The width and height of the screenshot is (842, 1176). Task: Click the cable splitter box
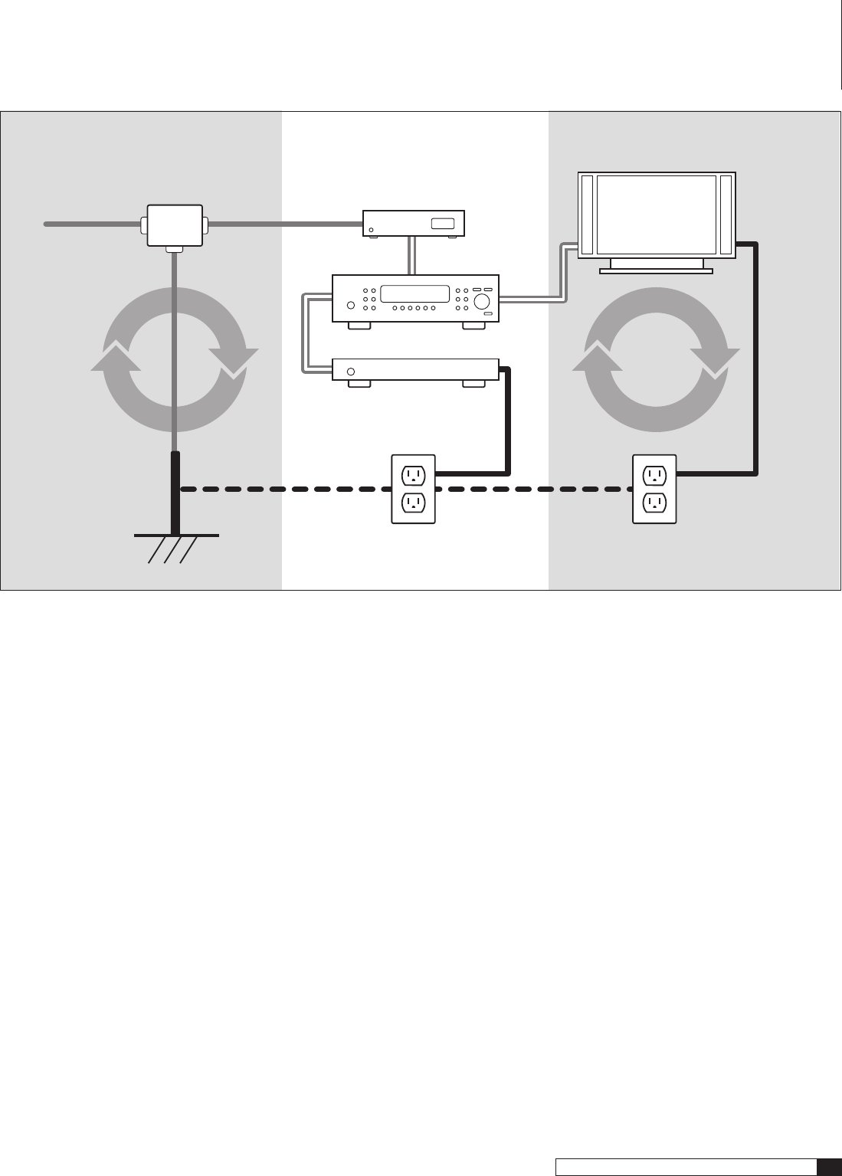[x=175, y=224]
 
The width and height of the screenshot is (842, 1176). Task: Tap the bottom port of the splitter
[x=175, y=249]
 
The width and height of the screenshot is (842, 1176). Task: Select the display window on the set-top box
[x=442, y=224]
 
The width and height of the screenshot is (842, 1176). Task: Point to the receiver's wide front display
[x=414, y=293]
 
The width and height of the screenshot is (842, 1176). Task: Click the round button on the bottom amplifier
[x=351, y=372]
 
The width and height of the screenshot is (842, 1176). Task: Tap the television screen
[x=657, y=215]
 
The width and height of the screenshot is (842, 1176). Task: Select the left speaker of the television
[x=588, y=215]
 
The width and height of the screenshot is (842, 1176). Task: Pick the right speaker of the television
[x=726, y=215]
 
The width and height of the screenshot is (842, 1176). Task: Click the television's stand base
[x=656, y=270]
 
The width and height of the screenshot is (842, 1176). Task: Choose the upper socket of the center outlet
[x=413, y=475]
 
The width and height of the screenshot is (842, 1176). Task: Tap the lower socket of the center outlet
[x=413, y=503]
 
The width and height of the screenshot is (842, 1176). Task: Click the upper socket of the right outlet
[x=654, y=475]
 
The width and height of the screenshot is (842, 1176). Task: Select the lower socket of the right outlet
[x=654, y=503]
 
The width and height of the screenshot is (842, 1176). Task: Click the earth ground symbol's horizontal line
[x=176, y=535]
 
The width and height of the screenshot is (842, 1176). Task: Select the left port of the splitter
[x=143, y=224]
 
